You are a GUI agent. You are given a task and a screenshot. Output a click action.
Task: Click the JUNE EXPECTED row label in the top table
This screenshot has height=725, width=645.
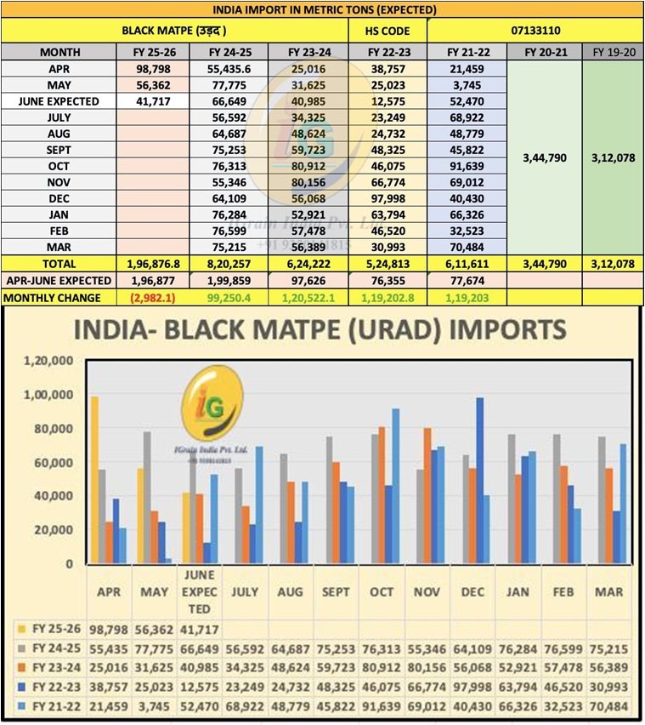coord(59,101)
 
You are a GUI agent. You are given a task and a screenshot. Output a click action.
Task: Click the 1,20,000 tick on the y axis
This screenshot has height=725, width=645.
coord(50,361)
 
